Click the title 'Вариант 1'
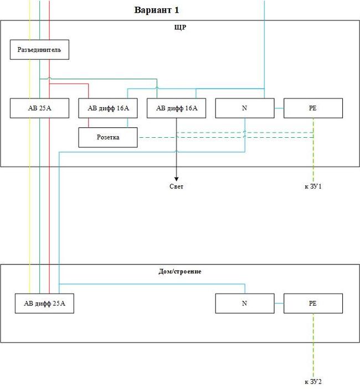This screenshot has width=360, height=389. point(157,11)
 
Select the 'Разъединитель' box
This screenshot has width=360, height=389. point(39,50)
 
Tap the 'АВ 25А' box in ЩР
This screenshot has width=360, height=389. point(39,108)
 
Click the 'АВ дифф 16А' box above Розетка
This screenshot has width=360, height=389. point(108,108)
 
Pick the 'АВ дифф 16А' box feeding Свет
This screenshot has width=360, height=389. point(176,108)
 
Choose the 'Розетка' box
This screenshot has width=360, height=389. point(108,137)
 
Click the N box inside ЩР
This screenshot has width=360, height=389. point(244,108)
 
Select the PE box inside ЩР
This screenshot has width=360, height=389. point(313,108)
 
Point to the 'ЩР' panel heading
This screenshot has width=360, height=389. point(180,27)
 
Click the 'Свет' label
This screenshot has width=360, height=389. point(176,187)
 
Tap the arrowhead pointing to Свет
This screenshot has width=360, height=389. point(176,178)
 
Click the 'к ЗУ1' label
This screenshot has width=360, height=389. point(313,187)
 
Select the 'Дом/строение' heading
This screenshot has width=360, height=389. point(180,272)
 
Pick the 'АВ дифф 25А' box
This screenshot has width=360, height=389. point(44,303)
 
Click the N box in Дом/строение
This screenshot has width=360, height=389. point(244,303)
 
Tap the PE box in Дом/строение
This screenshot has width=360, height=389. point(313,303)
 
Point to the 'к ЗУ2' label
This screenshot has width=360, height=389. point(313,382)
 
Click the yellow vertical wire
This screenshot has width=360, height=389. point(30,194)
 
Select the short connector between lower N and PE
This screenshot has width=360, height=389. point(279,303)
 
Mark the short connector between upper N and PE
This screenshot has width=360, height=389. point(279,108)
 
